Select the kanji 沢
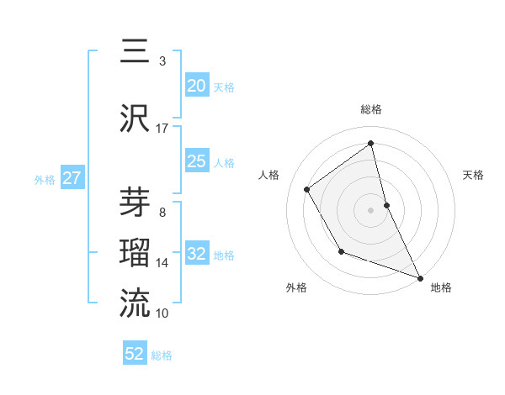tap(136, 118)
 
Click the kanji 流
tap(136, 303)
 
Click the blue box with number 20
tap(197, 86)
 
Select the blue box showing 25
tap(197, 161)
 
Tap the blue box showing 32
tap(197, 254)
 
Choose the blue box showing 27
tap(72, 178)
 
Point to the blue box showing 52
tap(135, 354)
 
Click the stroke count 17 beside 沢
tap(162, 129)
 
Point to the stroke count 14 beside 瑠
tap(162, 263)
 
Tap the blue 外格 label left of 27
tap(44, 179)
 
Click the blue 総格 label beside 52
tap(162, 355)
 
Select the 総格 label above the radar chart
tap(371, 109)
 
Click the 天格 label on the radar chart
tap(473, 175)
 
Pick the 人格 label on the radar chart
tap(269, 175)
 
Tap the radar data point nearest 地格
tap(421, 277)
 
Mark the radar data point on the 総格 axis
tap(371, 143)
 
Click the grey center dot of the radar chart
tap(371, 209)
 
